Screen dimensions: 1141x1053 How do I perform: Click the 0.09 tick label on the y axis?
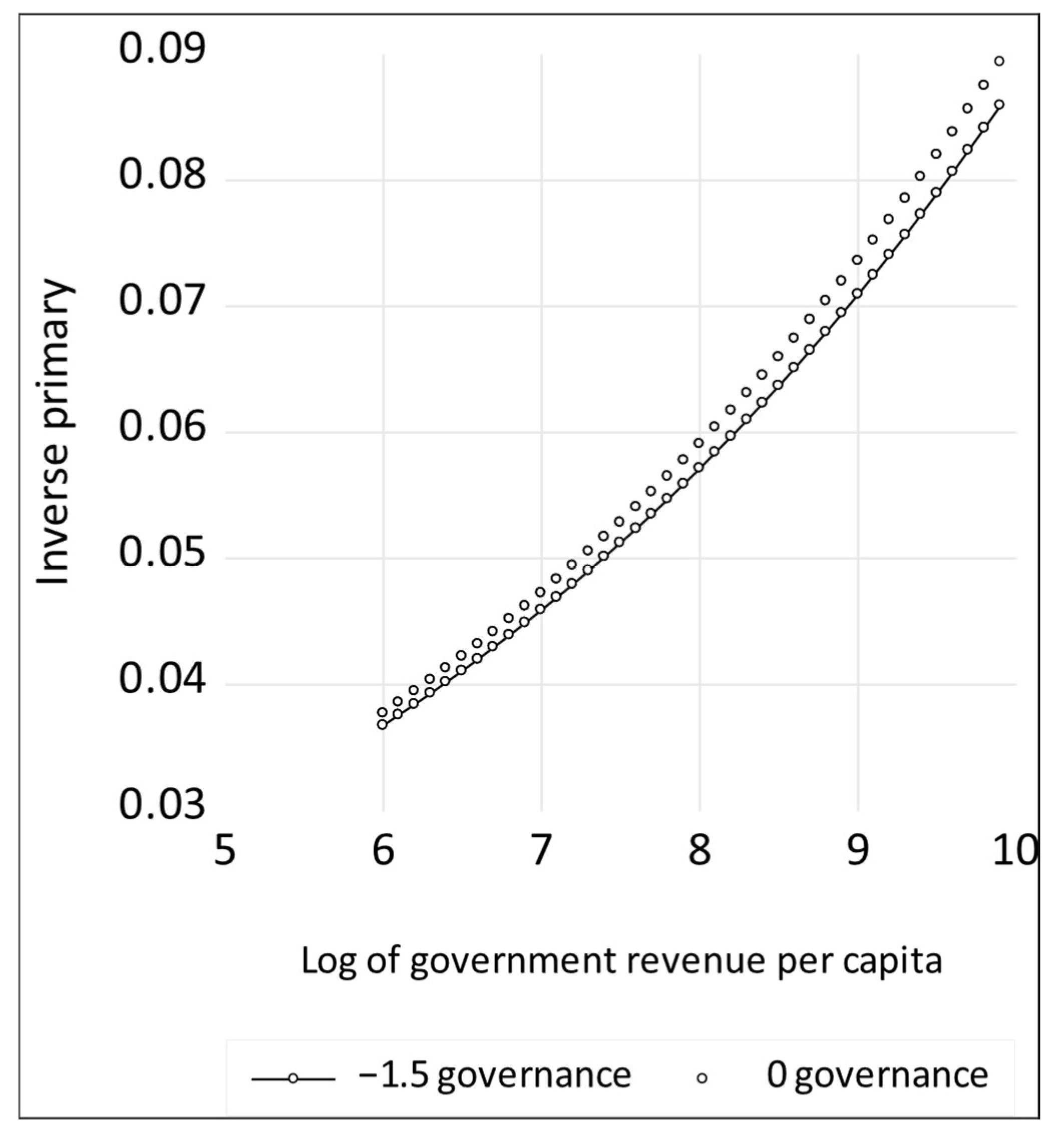point(161,49)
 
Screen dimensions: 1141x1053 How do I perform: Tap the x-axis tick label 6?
point(383,851)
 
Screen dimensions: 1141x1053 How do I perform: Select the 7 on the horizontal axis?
point(541,851)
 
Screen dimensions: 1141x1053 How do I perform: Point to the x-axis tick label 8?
point(699,851)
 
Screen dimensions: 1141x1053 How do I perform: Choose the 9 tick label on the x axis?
point(858,851)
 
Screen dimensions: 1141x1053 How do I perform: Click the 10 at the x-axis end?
point(1014,851)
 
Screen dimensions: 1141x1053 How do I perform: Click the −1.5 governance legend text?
point(494,1075)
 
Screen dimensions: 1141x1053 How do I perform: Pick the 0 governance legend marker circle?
point(703,1078)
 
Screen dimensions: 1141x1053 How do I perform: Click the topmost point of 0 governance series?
point(999,61)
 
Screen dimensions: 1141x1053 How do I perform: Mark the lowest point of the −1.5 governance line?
point(383,724)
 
